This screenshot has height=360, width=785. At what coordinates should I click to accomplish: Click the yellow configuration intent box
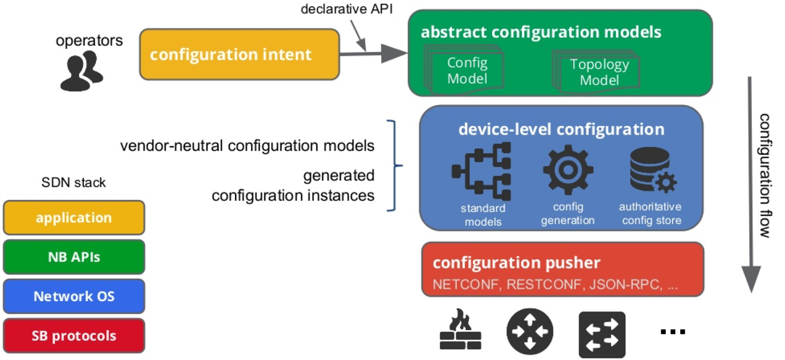[x=239, y=54]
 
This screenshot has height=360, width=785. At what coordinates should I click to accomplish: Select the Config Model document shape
[x=467, y=71]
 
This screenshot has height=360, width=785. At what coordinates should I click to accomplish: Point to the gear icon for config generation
[x=568, y=170]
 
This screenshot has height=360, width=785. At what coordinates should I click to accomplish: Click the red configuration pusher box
[x=563, y=269]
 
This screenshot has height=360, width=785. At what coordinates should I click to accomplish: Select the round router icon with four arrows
[x=530, y=332]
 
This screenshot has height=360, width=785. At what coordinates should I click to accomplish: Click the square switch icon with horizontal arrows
[x=602, y=334]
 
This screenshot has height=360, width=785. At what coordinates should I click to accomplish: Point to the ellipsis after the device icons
[x=673, y=332]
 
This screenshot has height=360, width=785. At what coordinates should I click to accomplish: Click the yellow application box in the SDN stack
[x=74, y=218]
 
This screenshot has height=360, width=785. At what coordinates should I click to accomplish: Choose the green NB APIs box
[x=74, y=257]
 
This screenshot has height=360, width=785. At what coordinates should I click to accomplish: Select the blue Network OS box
[x=74, y=296]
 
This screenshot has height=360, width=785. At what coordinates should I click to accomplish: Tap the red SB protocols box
[x=74, y=336]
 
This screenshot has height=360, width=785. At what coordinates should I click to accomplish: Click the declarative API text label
[x=346, y=9]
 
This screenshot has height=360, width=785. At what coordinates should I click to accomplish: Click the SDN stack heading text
[x=74, y=182]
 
